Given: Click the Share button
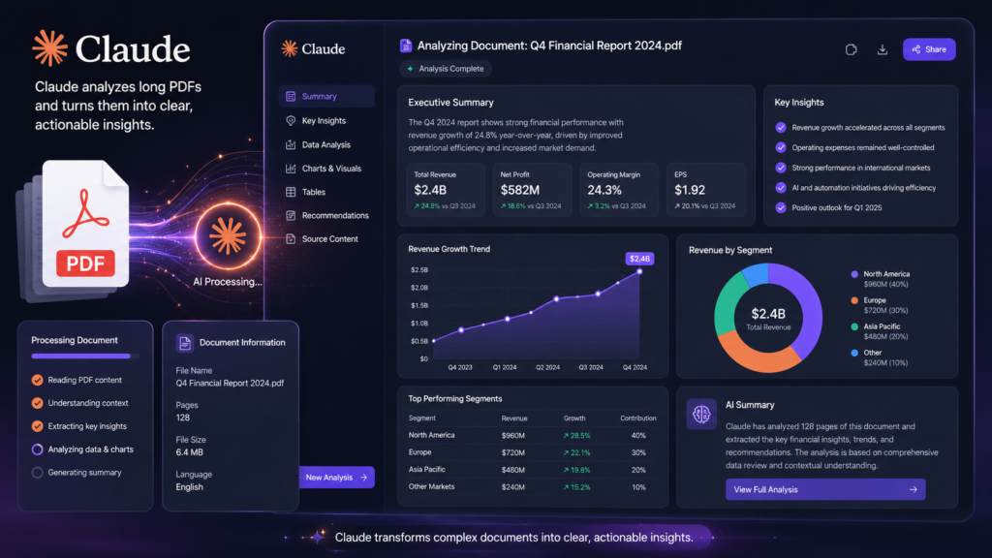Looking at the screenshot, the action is pyautogui.click(x=929, y=49).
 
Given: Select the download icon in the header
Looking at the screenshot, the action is pyautogui.click(x=882, y=49).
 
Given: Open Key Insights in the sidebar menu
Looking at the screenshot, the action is pyautogui.click(x=324, y=121).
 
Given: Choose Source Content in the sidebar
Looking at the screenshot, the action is pyautogui.click(x=329, y=239).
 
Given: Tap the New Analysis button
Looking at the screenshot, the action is pyautogui.click(x=336, y=477).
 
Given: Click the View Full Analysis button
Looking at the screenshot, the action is pyautogui.click(x=825, y=489).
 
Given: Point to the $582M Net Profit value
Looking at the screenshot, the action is pyautogui.click(x=520, y=190).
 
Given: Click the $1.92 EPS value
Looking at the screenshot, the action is pyautogui.click(x=690, y=190).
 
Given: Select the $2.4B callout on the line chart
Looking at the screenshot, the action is pyautogui.click(x=639, y=259).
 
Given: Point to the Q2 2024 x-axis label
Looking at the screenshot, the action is pyautogui.click(x=547, y=367).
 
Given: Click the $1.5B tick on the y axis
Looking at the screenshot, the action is pyautogui.click(x=419, y=305).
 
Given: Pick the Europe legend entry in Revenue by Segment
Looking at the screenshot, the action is pyautogui.click(x=875, y=305).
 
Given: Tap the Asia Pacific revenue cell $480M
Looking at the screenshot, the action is pyautogui.click(x=513, y=470).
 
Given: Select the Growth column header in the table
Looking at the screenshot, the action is pyautogui.click(x=574, y=418).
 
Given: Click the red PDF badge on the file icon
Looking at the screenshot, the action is pyautogui.click(x=85, y=263).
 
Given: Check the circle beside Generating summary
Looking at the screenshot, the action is pyautogui.click(x=38, y=473).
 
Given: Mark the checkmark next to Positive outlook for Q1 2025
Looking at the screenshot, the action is pyautogui.click(x=781, y=207).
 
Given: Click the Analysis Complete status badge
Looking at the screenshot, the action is pyautogui.click(x=446, y=69).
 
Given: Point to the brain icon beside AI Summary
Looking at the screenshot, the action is pyautogui.click(x=701, y=415).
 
